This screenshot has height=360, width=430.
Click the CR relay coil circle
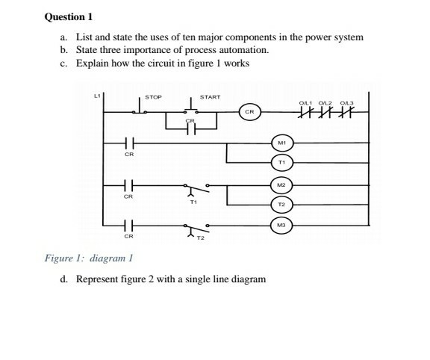click(252, 111)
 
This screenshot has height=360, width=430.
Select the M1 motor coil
click(281, 141)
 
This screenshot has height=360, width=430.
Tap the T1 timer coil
click(281, 161)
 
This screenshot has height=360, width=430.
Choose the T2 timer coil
click(281, 203)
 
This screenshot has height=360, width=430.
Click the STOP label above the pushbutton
click(153, 97)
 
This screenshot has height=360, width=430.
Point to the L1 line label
click(96, 96)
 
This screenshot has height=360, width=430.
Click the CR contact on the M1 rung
click(128, 142)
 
